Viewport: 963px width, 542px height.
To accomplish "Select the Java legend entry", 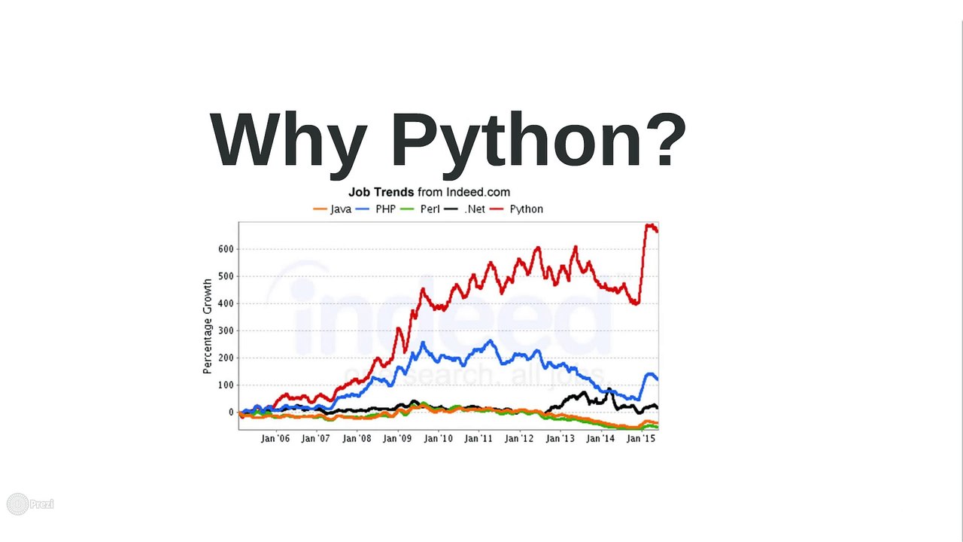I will click(x=333, y=209).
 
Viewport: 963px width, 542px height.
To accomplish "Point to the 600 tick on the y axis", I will click(x=226, y=249).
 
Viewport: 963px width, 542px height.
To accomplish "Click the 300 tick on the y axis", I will click(x=226, y=330).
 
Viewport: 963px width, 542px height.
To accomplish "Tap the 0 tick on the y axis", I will click(x=231, y=413).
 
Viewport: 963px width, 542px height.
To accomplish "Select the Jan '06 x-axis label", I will click(x=275, y=438).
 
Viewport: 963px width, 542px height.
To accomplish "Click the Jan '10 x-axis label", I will click(x=438, y=438).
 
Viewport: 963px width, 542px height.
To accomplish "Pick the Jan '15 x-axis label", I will click(x=641, y=438).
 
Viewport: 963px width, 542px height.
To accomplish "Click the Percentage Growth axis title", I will click(x=207, y=326).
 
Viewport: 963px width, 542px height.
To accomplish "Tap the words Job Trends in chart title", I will click(x=381, y=193).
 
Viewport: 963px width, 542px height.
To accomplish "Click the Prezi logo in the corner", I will click(x=30, y=504).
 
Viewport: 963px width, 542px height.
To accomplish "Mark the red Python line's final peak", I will click(x=649, y=225).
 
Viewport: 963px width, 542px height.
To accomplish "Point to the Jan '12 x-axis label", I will click(x=519, y=438).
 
